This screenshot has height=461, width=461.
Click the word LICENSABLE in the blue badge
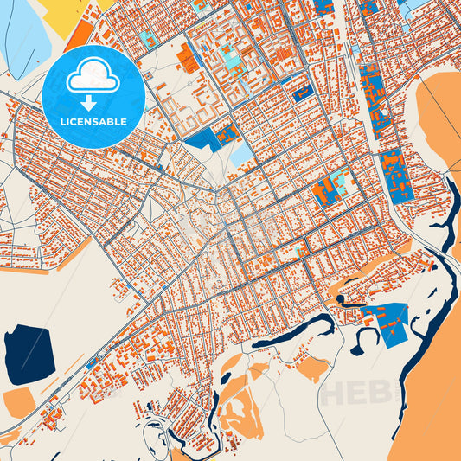[x=93, y=122]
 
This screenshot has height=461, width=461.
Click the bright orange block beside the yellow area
[x=80, y=35]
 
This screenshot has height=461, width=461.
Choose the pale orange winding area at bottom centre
[x=238, y=407]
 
